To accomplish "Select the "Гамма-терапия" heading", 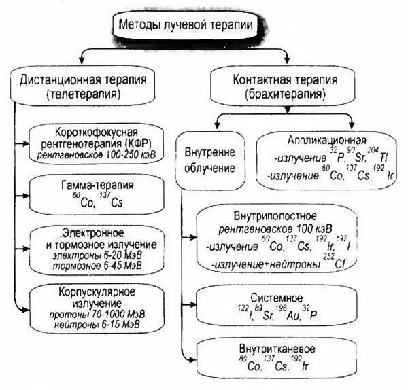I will coord(97,184).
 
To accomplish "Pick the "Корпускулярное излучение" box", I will coord(97,309).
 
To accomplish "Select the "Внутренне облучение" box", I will coord(209,160).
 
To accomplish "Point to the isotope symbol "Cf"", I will coord(339,264).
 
